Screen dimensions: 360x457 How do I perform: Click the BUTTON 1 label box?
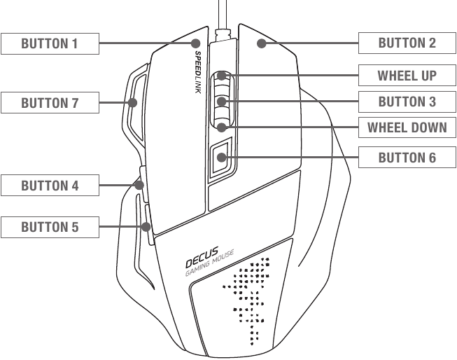pos(50,44)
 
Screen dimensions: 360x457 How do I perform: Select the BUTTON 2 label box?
pos(407,43)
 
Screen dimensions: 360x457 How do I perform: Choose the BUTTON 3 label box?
pos(407,102)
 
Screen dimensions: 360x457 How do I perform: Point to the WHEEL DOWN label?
pos(407,128)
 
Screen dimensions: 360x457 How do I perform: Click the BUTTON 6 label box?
pos(407,158)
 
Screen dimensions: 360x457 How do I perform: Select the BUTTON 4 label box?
pos(50,186)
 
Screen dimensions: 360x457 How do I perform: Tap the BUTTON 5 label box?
pos(50,227)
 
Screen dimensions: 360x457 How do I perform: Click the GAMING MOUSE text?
pos(214,264)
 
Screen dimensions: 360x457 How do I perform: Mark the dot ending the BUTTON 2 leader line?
pos(260,44)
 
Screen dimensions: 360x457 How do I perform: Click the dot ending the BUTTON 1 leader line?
pos(196,44)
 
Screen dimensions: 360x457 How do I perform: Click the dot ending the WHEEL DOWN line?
pos(222,127)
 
